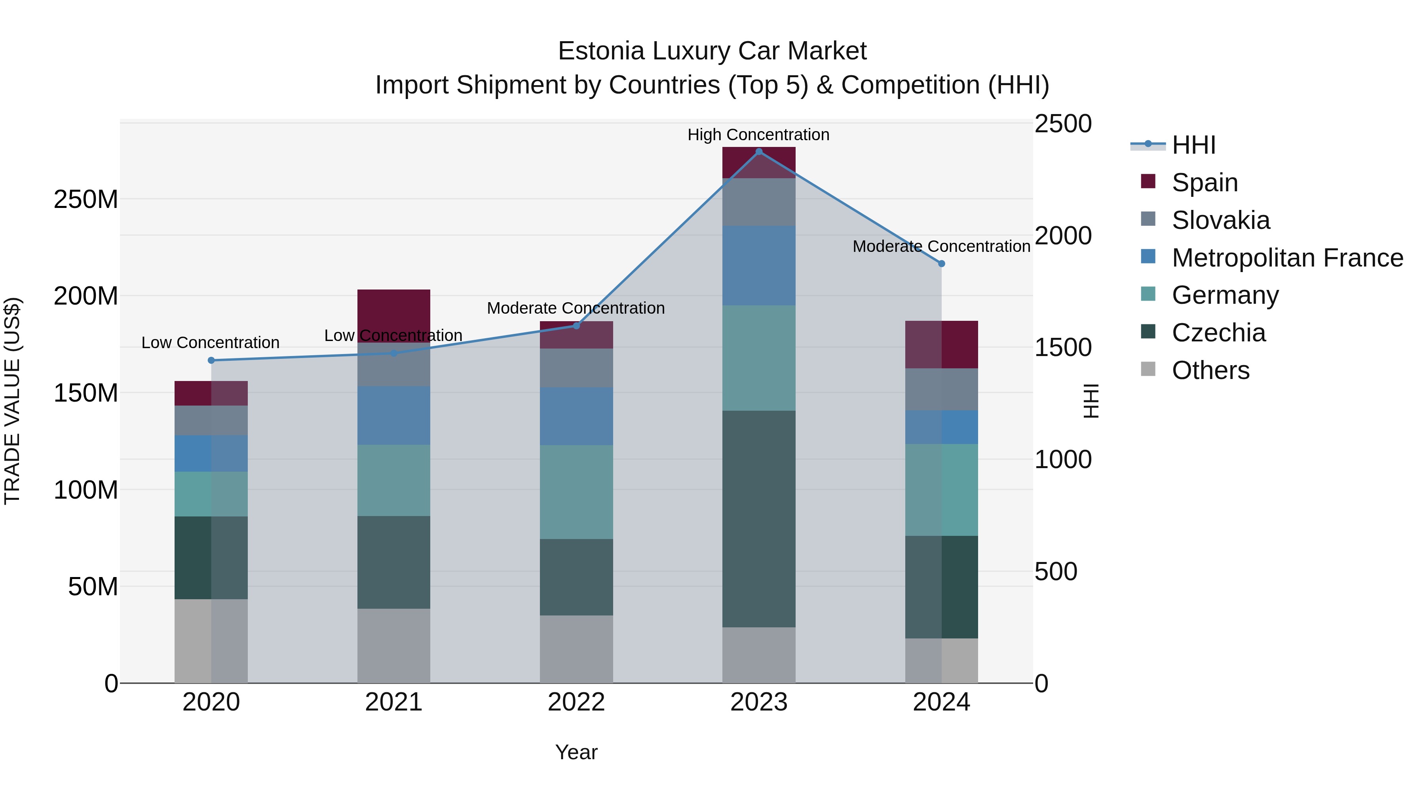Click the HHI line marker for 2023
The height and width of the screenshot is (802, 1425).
[758, 151]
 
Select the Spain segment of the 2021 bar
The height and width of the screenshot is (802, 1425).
[393, 310]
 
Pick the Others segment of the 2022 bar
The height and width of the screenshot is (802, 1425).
[576, 649]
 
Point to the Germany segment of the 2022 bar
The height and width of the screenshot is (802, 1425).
[576, 491]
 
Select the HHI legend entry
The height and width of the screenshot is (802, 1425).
[1193, 145]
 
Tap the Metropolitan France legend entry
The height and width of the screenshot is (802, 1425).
[1287, 258]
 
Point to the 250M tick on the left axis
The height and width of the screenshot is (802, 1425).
[86, 199]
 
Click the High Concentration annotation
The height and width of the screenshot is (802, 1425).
[758, 135]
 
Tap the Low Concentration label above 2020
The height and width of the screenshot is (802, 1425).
[210, 343]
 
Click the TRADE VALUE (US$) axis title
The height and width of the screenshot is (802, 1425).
[12, 401]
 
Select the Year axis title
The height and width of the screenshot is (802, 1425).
[576, 752]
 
